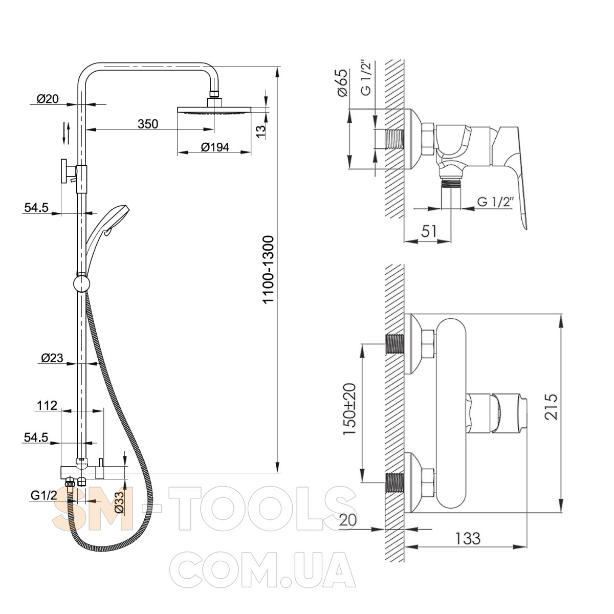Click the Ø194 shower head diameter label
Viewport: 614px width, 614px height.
click(215, 147)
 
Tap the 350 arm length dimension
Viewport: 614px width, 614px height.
click(148, 124)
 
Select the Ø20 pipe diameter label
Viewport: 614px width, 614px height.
click(48, 99)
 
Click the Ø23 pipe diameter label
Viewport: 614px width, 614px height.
click(52, 358)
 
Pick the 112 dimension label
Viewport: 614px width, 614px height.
click(47, 406)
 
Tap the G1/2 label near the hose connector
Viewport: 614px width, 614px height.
click(44, 495)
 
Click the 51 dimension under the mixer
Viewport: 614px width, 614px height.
click(429, 231)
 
